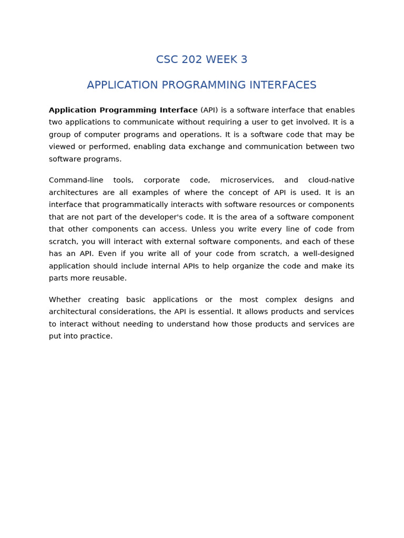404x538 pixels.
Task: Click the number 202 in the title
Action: (192, 60)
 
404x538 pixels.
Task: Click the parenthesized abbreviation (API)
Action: (209, 110)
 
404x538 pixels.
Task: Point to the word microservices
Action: (247, 180)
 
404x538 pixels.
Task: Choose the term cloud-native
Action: (331, 180)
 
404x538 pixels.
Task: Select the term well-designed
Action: (328, 254)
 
